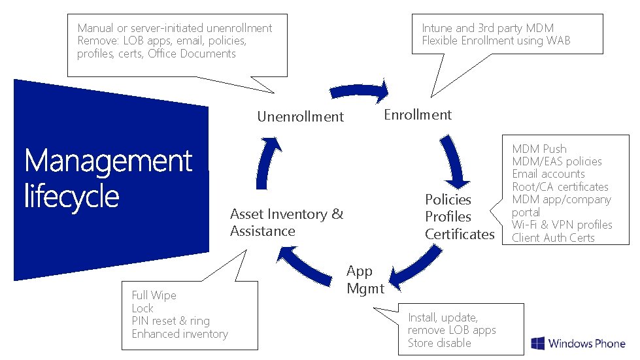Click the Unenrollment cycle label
(300, 117)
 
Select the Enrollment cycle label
(417, 115)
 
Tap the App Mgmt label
(365, 280)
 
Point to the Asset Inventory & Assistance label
(286, 223)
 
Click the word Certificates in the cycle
(460, 234)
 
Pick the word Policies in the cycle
(448, 199)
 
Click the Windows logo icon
(537, 344)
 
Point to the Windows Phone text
(586, 344)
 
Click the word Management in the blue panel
(108, 161)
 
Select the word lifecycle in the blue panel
(71, 195)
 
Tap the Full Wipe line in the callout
(154, 295)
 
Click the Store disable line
(439, 343)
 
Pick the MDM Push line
(539, 149)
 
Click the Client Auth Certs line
(553, 238)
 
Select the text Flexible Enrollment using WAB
(496, 41)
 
